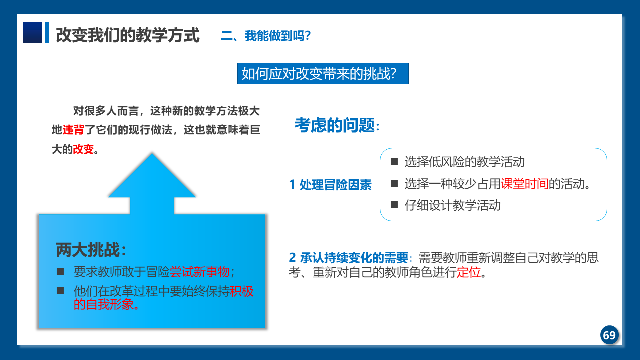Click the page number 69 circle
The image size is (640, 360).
point(609,335)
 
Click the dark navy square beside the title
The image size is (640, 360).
point(33,32)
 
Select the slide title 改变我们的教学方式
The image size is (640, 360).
point(127,35)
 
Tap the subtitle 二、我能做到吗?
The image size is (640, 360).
point(266,36)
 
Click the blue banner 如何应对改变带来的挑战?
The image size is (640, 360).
point(323,73)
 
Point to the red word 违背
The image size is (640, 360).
point(73,130)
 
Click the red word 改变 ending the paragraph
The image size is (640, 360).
point(83,149)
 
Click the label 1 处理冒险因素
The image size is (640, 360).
point(330,185)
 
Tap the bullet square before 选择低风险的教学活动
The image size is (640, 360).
point(394,161)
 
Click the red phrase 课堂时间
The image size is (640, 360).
point(525,183)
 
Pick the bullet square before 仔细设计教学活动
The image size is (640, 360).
point(394,205)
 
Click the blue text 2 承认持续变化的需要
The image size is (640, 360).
point(349,257)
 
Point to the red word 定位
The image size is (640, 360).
point(469,272)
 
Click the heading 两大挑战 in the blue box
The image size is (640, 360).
point(88,250)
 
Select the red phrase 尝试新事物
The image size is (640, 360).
point(200,271)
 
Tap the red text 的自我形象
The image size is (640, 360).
point(104,304)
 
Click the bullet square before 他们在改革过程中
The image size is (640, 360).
point(60,291)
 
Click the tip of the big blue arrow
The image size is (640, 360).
point(152,153)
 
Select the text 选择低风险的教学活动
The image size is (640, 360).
point(465,162)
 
